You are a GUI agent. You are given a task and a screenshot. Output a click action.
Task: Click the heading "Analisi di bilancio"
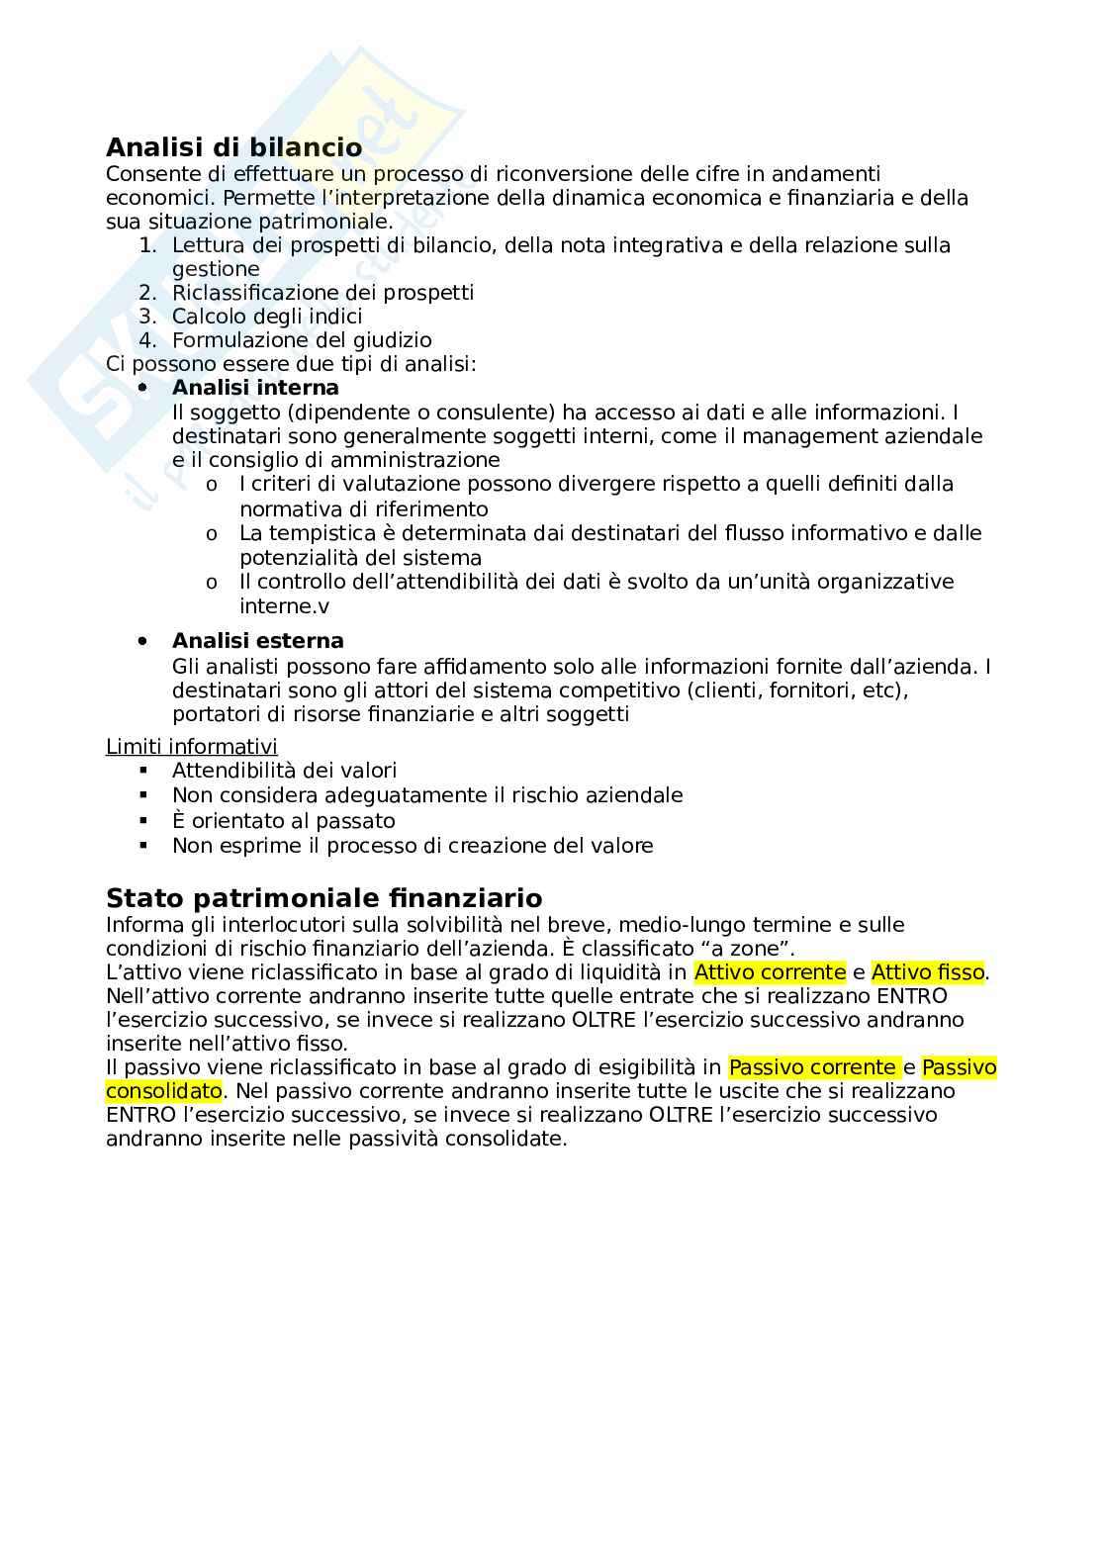pos(233,147)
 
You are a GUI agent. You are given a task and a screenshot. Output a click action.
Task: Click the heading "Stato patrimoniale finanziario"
pos(323,898)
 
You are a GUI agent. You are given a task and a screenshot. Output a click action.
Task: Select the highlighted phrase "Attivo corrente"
pos(770,972)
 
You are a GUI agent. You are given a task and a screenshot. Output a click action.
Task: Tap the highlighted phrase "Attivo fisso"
pos(927,972)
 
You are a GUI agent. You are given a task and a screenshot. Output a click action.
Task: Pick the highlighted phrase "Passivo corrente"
pos(812,1067)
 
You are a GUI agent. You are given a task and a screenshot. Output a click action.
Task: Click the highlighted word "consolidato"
pos(164,1091)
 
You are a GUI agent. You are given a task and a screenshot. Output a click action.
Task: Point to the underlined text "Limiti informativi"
pos(192,747)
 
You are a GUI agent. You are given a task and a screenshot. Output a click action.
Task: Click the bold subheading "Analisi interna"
pos(255,388)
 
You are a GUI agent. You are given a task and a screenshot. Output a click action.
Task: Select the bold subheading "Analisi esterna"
pos(257,641)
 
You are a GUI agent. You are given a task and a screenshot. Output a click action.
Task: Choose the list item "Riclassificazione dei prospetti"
pos(322,293)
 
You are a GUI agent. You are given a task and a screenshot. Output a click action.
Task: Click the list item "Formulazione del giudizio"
pos(302,340)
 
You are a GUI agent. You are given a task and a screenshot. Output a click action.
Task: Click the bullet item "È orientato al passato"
pos(283,821)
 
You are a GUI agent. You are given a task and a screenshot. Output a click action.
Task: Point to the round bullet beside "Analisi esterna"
pos(143,641)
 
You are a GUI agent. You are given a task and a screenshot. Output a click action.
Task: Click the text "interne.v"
pos(285,606)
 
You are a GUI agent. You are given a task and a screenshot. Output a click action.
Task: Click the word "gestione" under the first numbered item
pos(216,269)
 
